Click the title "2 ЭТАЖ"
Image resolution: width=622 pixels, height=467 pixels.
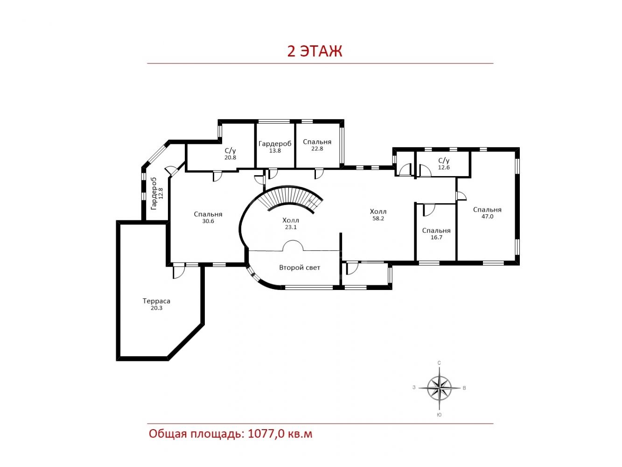click(314, 51)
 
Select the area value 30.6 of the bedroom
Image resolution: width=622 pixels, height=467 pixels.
click(208, 221)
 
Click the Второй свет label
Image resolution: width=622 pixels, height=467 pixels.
click(300, 268)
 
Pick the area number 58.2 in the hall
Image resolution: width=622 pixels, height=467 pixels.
click(378, 219)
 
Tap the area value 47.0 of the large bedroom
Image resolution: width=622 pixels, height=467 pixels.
click(488, 216)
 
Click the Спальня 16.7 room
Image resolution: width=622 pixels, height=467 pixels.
click(436, 233)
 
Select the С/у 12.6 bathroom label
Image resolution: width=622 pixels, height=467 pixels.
click(444, 164)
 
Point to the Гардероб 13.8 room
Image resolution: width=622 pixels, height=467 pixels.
click(275, 147)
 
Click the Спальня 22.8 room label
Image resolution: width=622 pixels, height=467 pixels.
click(317, 145)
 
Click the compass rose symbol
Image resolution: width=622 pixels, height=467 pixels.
click(440, 388)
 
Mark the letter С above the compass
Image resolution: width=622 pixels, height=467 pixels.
click(439, 363)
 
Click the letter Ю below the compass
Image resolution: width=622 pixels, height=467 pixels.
click(439, 415)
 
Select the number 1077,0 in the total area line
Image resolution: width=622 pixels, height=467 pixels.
click(266, 434)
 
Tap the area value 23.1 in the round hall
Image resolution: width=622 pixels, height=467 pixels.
click(291, 227)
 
